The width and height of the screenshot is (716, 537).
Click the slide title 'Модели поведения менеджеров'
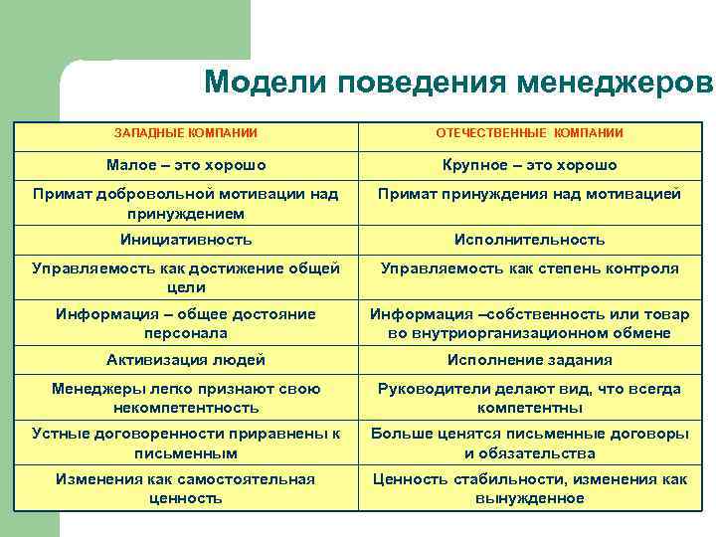[x=458, y=83]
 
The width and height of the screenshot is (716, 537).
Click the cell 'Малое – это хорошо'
[x=186, y=164]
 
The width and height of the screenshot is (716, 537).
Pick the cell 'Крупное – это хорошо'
[x=530, y=164]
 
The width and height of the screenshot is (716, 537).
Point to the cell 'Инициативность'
[x=186, y=240]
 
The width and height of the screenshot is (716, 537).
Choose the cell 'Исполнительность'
[x=530, y=240]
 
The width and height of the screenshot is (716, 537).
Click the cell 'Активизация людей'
[x=186, y=360]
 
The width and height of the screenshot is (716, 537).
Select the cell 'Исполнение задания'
[x=530, y=360]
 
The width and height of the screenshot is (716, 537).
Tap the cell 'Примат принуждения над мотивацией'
[x=530, y=194]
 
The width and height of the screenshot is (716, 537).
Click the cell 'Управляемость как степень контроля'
[x=530, y=268]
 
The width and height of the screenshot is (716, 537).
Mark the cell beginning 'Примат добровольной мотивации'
[x=186, y=203]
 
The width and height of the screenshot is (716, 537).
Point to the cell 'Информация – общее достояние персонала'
[x=186, y=323]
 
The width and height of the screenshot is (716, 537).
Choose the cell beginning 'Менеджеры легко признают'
[x=186, y=398]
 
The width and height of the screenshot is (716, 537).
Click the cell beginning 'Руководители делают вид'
[x=530, y=398]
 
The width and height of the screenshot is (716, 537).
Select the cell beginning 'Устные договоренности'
[x=186, y=443]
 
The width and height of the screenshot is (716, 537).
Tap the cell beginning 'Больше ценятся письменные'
[x=530, y=443]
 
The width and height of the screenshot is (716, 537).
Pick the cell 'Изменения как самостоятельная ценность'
[x=186, y=488]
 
